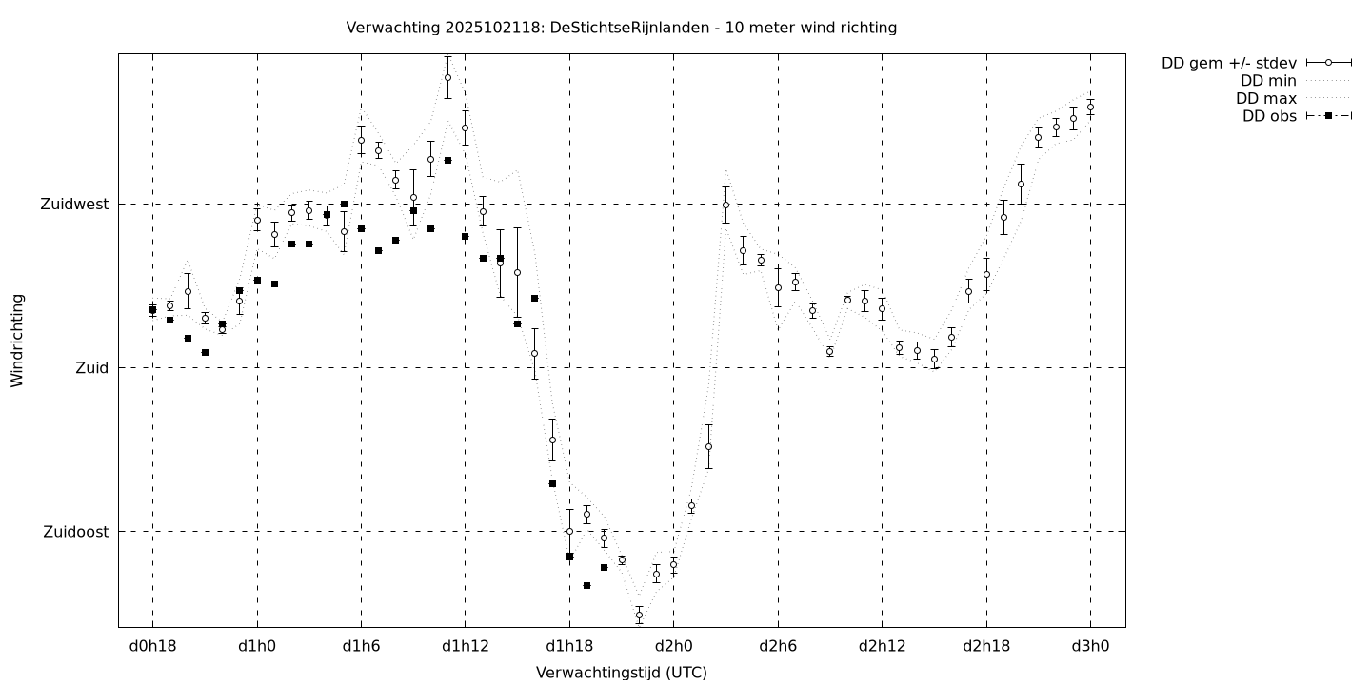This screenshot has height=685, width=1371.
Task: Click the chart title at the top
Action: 621,28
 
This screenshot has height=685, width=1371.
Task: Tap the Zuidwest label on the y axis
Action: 74,204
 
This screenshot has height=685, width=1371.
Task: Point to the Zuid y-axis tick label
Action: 92,367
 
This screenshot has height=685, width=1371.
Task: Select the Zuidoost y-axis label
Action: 76,532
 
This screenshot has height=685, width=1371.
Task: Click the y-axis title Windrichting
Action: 17,340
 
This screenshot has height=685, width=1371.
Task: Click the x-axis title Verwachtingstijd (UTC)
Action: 621,673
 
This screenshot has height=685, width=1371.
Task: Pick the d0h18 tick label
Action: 152,647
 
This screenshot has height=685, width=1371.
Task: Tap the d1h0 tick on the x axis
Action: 257,647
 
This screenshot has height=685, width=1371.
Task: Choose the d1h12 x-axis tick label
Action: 465,647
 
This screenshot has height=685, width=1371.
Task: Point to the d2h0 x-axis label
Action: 673,647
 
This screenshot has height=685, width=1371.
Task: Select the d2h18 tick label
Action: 986,647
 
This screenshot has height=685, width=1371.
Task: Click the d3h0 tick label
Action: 1090,647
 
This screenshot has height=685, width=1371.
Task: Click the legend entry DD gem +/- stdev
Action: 1228,63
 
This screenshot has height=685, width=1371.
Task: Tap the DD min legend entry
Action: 1269,81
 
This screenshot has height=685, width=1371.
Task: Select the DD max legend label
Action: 1267,98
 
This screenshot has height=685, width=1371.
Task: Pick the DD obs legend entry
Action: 1269,116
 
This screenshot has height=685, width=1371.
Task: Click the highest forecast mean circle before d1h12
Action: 447,77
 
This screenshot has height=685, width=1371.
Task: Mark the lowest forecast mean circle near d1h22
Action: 639,616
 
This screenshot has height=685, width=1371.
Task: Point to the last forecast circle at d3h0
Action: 1090,107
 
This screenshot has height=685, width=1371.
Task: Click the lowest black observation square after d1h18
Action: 586,585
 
